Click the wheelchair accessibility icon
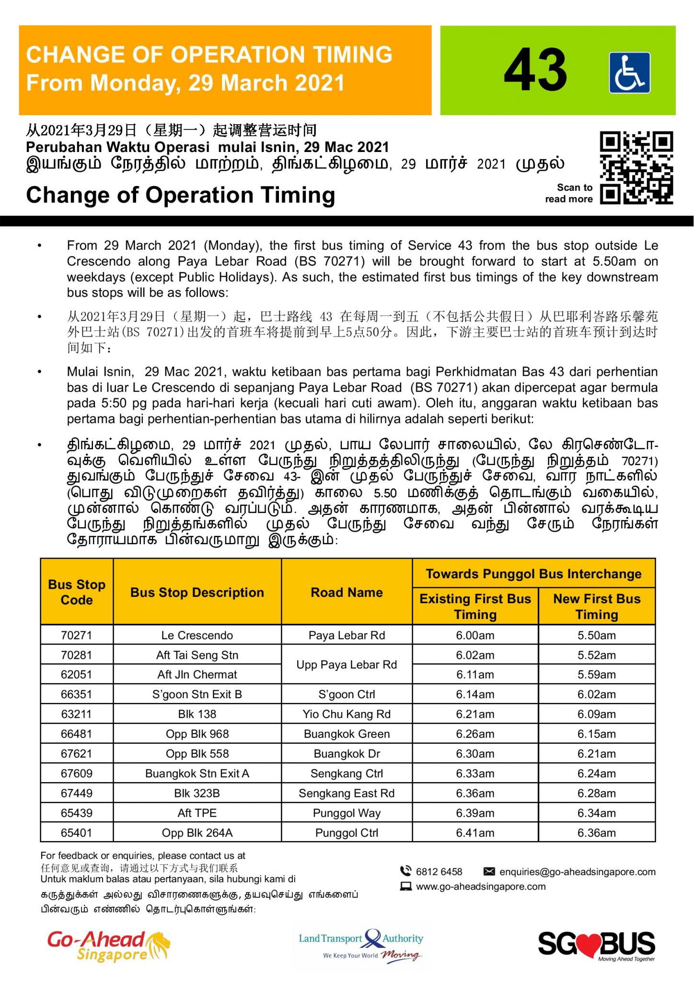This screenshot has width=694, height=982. pyautogui.click(x=629, y=72)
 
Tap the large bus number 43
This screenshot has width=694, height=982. pyautogui.click(x=535, y=70)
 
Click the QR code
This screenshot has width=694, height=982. pyautogui.click(x=636, y=168)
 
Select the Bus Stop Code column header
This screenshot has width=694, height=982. pyautogui.click(x=77, y=592)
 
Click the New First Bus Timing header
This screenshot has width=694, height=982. pyautogui.click(x=597, y=607)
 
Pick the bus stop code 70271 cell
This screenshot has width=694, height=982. pyautogui.click(x=77, y=635)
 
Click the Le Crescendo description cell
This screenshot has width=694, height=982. pyautogui.click(x=197, y=635)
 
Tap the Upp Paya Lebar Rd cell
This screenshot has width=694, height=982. pyautogui.click(x=347, y=665)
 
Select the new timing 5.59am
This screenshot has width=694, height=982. pyautogui.click(x=597, y=675)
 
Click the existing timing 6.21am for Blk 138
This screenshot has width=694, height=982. pyautogui.click(x=475, y=714)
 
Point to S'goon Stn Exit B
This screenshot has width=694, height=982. pyautogui.click(x=197, y=694)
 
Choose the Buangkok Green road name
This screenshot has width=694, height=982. pyautogui.click(x=347, y=734)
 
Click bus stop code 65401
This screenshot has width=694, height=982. pyautogui.click(x=77, y=833)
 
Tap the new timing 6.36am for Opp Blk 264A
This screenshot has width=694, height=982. pyautogui.click(x=597, y=833)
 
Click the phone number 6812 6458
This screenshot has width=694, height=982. pyautogui.click(x=439, y=872)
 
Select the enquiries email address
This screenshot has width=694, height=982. pyautogui.click(x=577, y=872)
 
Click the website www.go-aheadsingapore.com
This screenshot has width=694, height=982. pyautogui.click(x=480, y=887)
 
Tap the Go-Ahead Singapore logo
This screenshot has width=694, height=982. pyautogui.click(x=108, y=946)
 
